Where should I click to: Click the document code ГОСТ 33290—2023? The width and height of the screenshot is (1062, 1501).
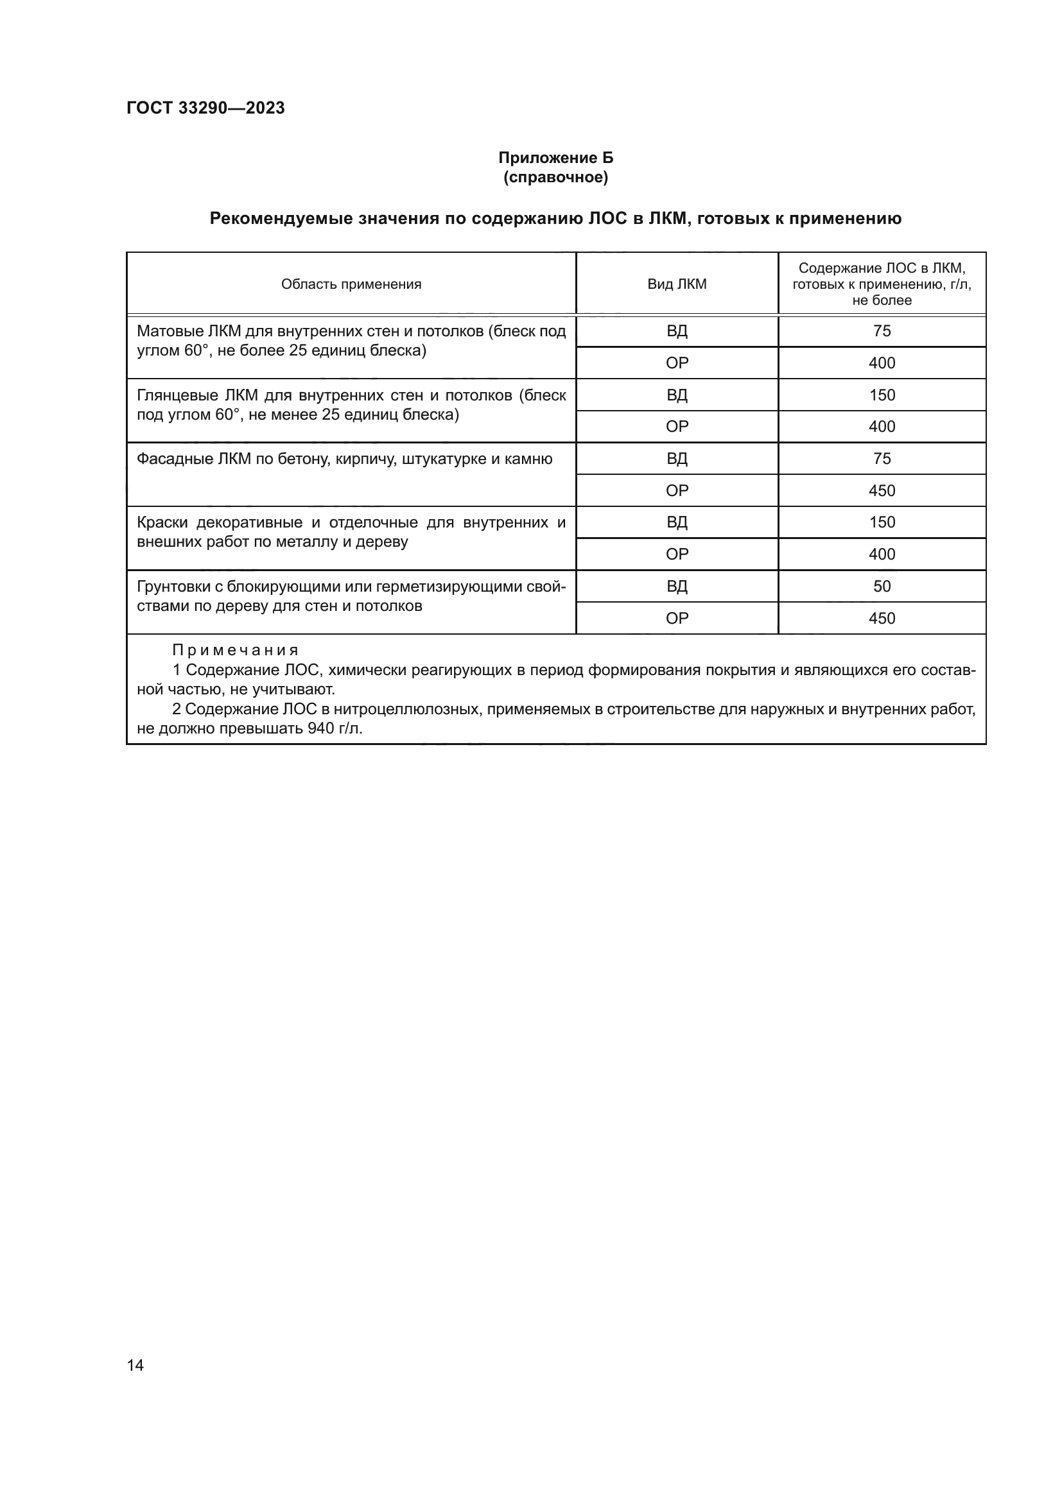(205, 108)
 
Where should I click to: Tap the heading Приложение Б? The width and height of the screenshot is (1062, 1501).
(555, 158)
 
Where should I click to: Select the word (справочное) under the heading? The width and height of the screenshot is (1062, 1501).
(555, 177)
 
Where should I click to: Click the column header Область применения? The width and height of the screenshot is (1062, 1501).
(351, 284)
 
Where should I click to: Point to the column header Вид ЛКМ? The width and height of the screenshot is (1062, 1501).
(677, 284)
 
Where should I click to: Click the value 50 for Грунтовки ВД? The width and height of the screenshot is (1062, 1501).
(882, 587)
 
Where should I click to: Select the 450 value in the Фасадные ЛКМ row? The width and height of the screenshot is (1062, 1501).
(882, 491)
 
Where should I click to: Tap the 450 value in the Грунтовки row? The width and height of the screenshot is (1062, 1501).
(882, 619)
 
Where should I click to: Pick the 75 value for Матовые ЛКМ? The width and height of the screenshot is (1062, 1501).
(882, 330)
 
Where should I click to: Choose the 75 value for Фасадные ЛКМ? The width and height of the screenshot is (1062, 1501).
(882, 459)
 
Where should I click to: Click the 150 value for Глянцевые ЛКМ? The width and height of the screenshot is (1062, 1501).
(882, 395)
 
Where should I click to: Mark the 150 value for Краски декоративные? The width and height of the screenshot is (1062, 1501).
(882, 522)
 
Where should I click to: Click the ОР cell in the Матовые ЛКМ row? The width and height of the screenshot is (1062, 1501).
(677, 363)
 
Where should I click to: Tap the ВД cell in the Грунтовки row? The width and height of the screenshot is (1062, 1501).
(677, 587)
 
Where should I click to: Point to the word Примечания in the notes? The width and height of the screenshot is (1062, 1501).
(236, 651)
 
